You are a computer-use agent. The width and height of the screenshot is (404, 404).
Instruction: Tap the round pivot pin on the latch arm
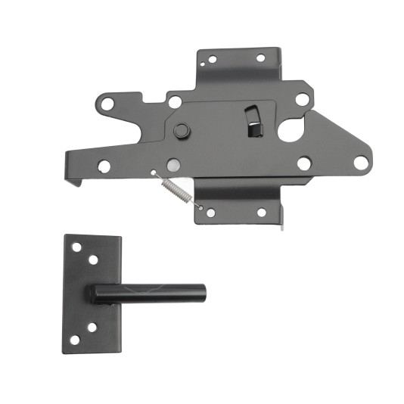click(x=180, y=131)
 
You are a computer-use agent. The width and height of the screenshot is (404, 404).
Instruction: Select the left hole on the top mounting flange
click(x=212, y=59)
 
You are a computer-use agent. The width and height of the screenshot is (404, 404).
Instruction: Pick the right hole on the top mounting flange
click(x=260, y=57)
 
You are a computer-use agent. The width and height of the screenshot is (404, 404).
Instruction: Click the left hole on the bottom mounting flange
click(x=210, y=213)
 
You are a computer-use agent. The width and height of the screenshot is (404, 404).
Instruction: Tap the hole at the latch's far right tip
click(x=360, y=161)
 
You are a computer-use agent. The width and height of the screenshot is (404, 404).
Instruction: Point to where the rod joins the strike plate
click(x=97, y=294)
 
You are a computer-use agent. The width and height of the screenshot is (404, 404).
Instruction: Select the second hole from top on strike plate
click(x=93, y=259)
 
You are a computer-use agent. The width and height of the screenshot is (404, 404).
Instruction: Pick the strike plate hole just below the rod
click(x=92, y=328)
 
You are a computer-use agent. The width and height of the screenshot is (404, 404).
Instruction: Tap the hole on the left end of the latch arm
click(x=104, y=165)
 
